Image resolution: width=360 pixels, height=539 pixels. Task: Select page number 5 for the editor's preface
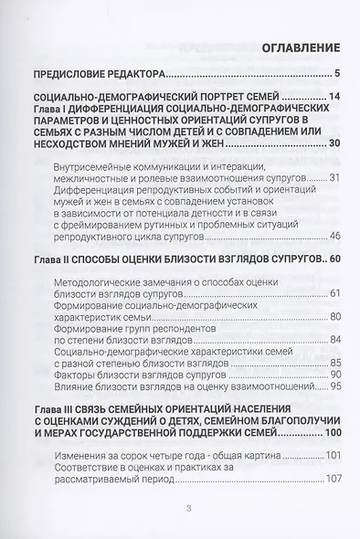[x=337, y=74]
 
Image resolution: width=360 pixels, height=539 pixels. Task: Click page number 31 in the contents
[x=334, y=175]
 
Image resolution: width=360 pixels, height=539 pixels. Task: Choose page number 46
[x=334, y=235]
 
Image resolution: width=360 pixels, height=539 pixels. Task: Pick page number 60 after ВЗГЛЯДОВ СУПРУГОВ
[x=332, y=259]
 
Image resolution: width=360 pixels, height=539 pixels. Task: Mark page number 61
[x=334, y=292]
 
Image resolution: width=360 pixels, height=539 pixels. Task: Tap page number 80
[x=334, y=316]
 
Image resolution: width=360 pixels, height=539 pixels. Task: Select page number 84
[x=334, y=340]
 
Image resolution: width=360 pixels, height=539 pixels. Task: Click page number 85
[x=334, y=362]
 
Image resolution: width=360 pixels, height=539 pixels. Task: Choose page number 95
[x=334, y=386]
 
